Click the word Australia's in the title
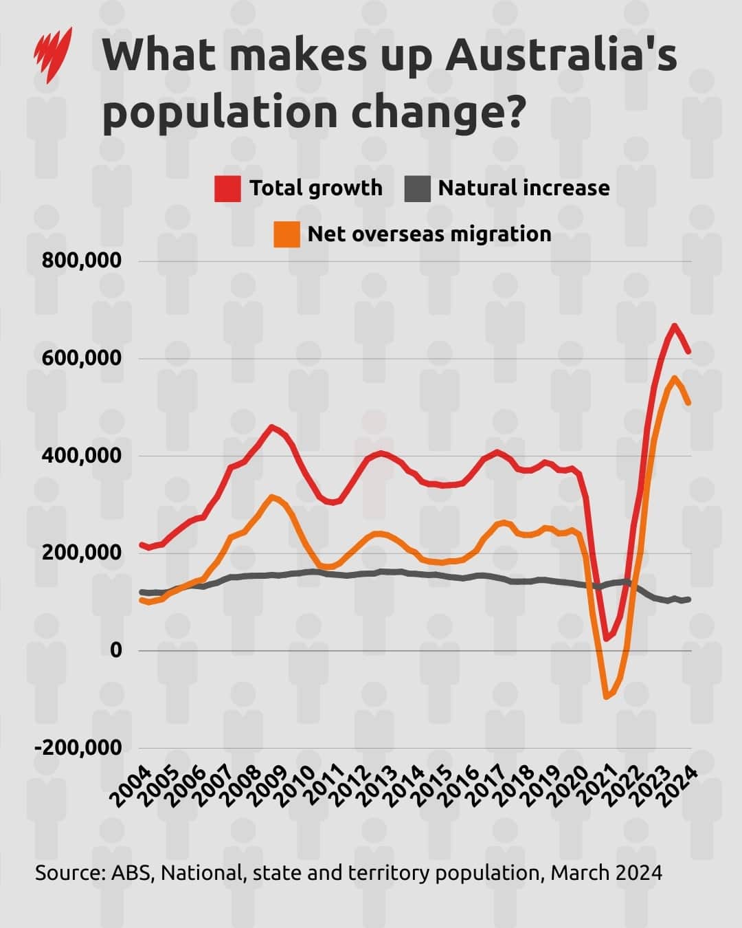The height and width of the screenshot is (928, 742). point(561,56)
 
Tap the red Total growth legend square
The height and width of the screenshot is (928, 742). point(227,188)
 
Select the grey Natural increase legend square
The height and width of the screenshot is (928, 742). point(417,188)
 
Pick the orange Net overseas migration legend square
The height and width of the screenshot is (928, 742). point(286,234)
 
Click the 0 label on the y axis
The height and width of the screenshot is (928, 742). point(115,650)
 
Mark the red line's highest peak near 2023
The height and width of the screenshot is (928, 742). point(674,325)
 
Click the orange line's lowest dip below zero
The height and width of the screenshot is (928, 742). point(606,697)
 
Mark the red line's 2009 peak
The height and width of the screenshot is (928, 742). point(272,427)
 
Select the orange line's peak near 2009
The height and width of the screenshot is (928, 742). point(272,496)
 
